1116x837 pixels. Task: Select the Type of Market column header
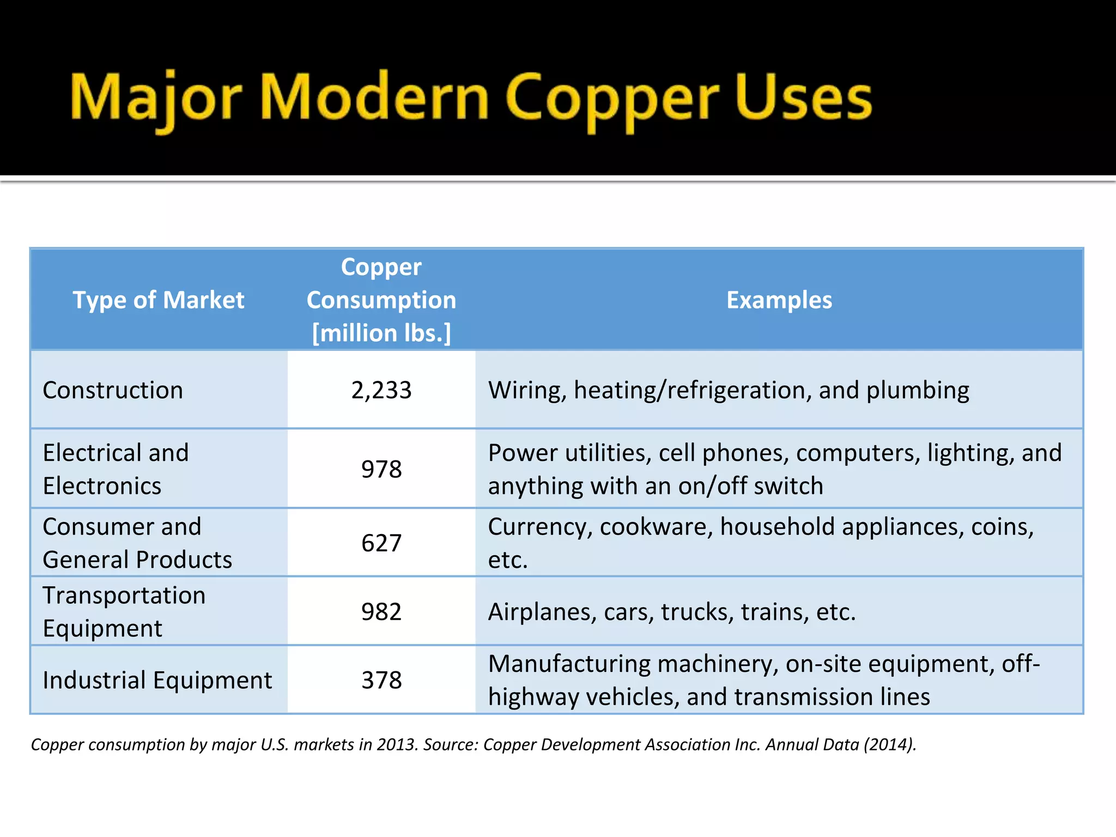pos(159,300)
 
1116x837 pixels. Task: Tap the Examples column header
pos(779,300)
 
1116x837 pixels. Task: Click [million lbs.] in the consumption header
pos(381,333)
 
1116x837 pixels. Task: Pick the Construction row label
pos(113,390)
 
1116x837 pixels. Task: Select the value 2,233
pos(381,390)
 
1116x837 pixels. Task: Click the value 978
pos(381,469)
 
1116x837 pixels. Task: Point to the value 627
pos(381,543)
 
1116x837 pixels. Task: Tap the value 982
pos(381,611)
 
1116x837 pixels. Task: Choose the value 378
pos(381,680)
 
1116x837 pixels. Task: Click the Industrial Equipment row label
pos(157,680)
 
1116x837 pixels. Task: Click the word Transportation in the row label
pos(124,595)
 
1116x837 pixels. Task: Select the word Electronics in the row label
pos(102,486)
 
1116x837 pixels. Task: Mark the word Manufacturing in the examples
pos(569,664)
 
